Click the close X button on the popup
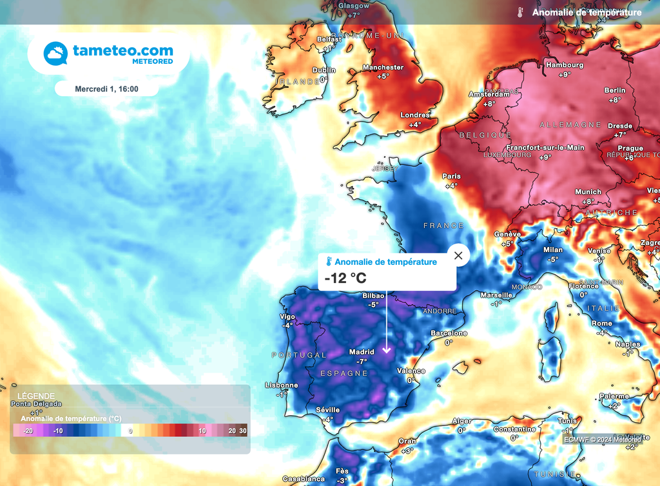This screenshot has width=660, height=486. pyautogui.click(x=458, y=256)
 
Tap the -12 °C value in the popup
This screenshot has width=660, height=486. pyautogui.click(x=345, y=278)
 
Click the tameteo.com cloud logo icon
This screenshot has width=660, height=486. pyautogui.click(x=55, y=53)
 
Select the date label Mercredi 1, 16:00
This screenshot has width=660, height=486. pyautogui.click(x=106, y=89)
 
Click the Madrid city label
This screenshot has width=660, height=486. pyautogui.click(x=362, y=352)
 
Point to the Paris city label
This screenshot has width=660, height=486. pyautogui.click(x=451, y=177)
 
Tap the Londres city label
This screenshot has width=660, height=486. pyautogui.click(x=414, y=115)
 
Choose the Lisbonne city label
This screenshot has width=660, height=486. pyautogui.click(x=282, y=385)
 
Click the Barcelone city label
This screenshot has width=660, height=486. pyautogui.click(x=449, y=333)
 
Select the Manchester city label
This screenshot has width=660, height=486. pyautogui.click(x=383, y=68)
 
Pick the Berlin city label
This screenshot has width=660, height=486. pyautogui.click(x=615, y=91)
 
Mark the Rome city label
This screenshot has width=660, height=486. pyautogui.click(x=601, y=324)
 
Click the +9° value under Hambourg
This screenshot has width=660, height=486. pyautogui.click(x=565, y=75)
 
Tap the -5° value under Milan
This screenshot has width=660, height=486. pyautogui.click(x=552, y=259)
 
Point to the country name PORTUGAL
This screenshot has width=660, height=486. pyautogui.click(x=299, y=355)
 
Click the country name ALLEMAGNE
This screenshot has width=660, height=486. pyautogui.click(x=570, y=124)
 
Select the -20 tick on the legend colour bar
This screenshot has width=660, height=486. pyautogui.click(x=28, y=431)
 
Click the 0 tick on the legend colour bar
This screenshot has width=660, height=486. pyautogui.click(x=130, y=431)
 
